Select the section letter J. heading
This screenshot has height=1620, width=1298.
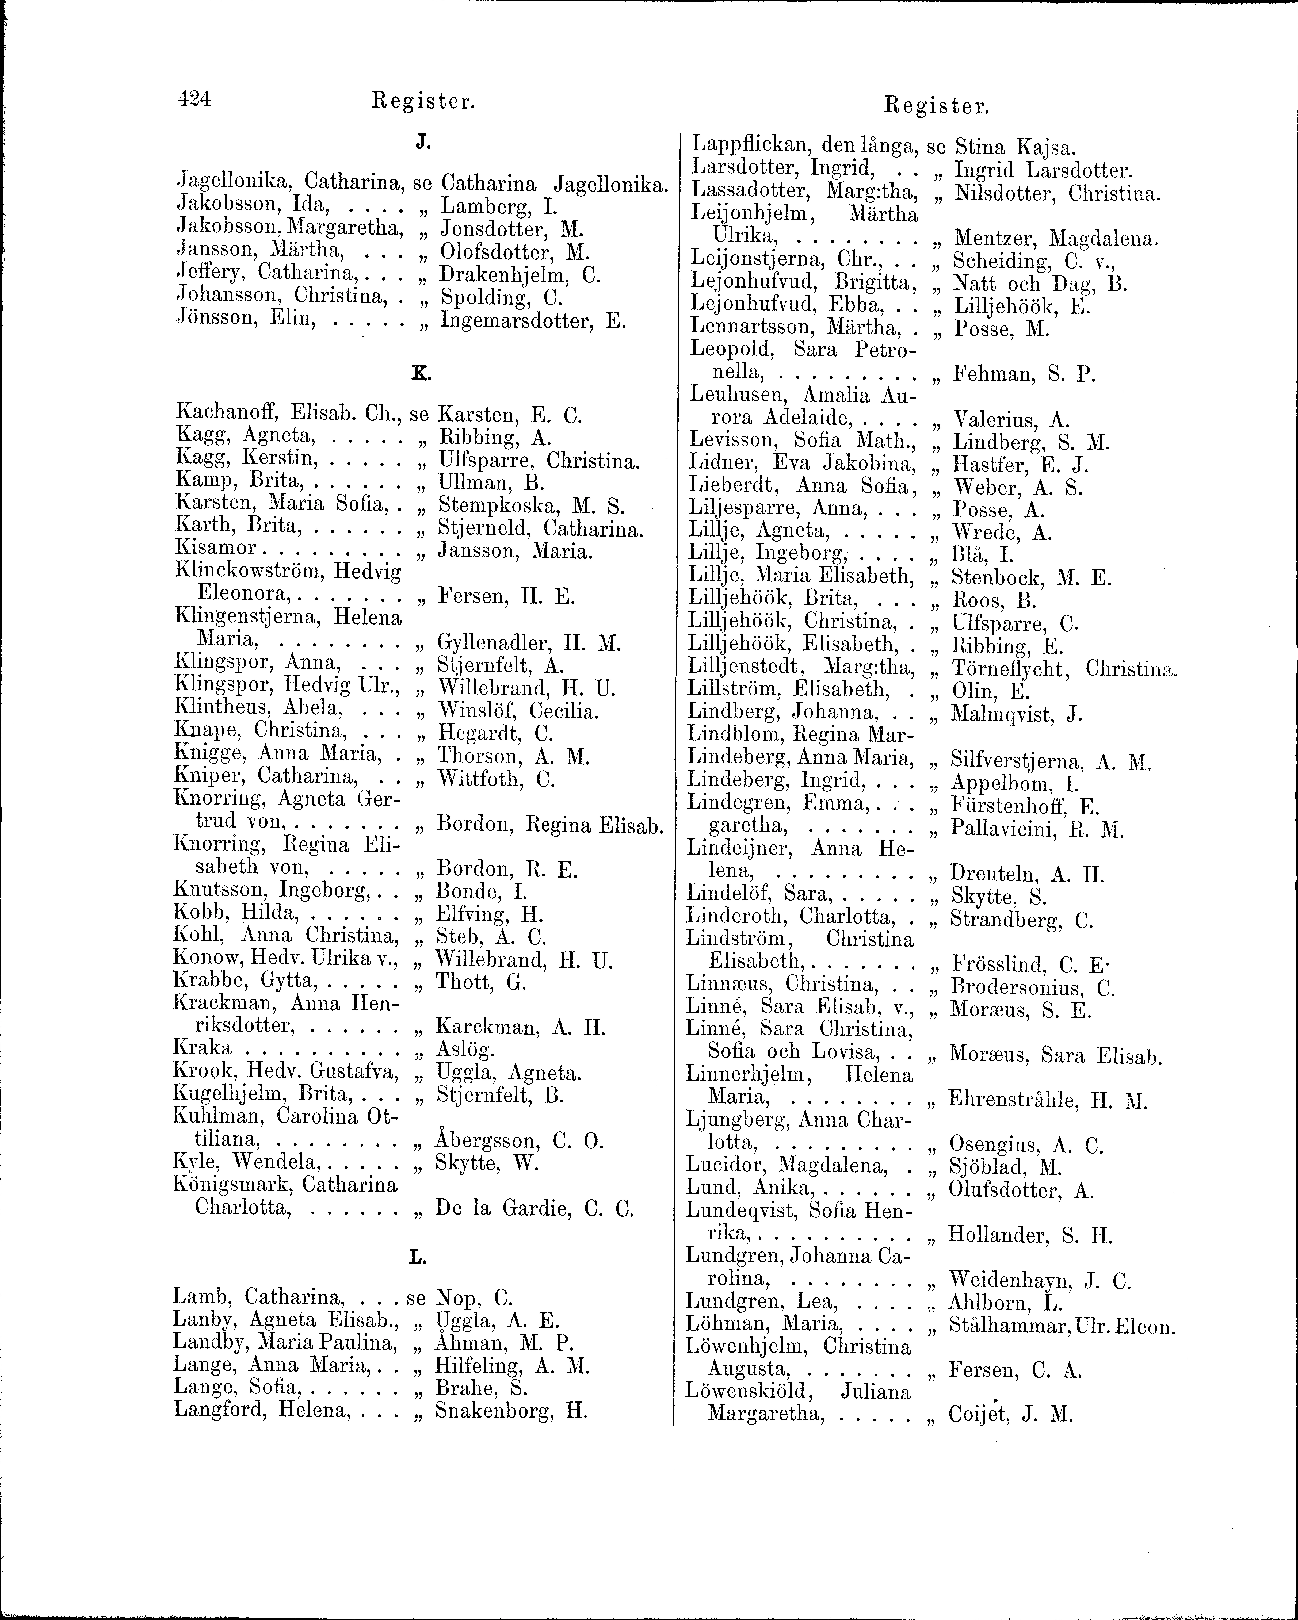pos(422,140)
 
